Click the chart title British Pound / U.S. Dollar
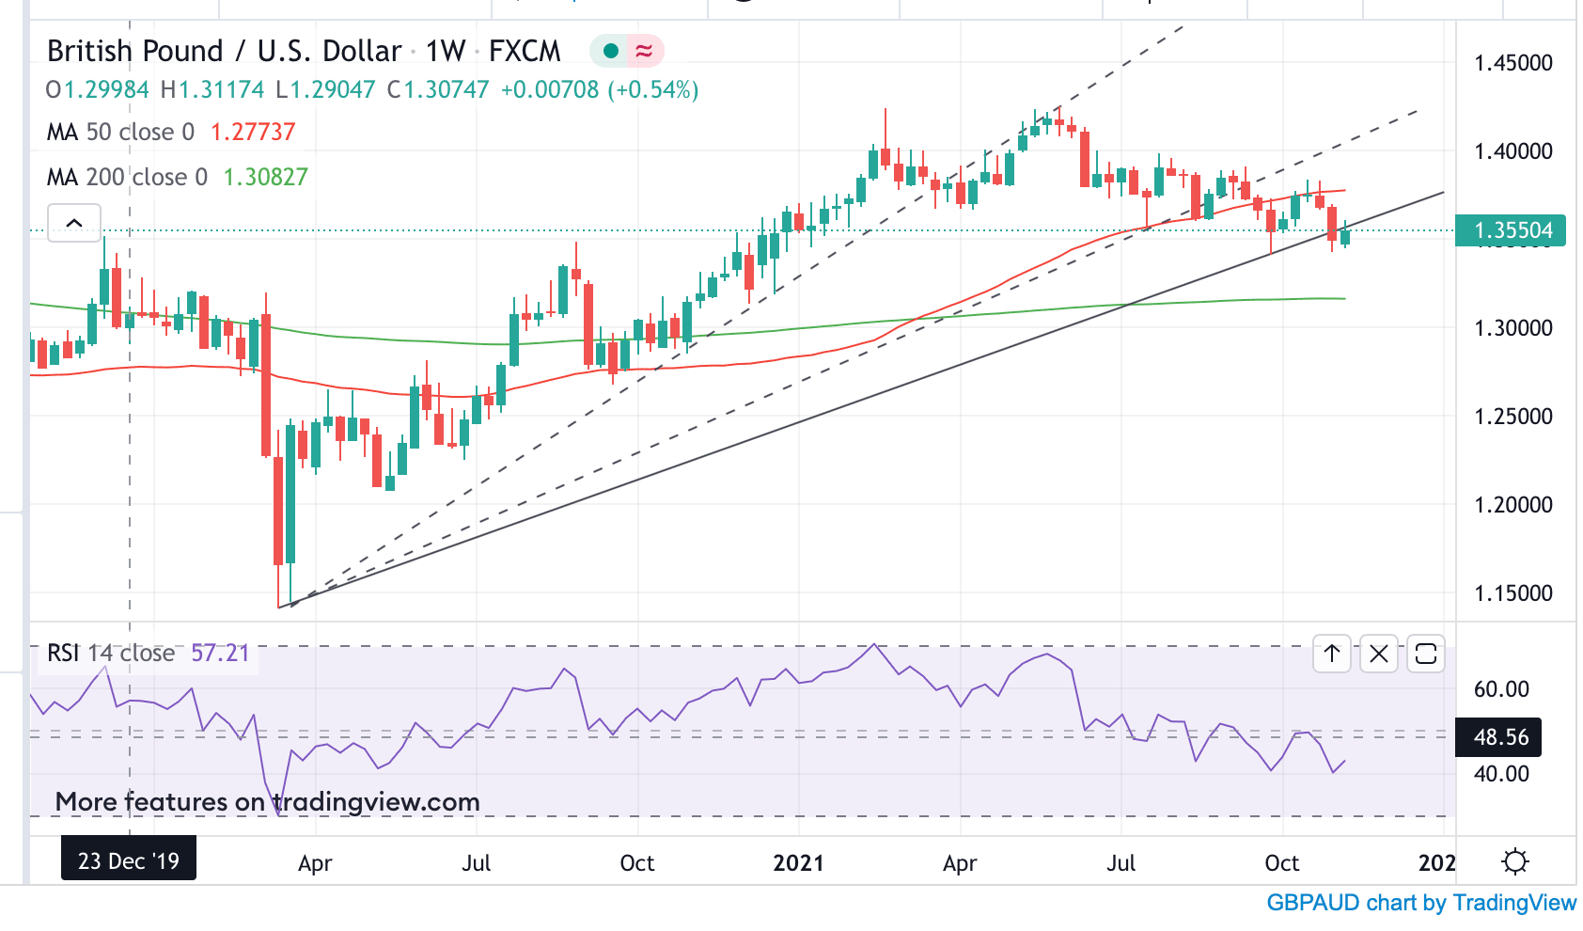[x=225, y=51]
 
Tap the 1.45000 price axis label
[x=1512, y=63]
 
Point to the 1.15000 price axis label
[x=1512, y=593]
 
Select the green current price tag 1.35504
[x=1510, y=230]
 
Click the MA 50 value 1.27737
[x=253, y=132]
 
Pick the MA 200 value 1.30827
[x=265, y=177]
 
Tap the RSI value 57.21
[x=220, y=653]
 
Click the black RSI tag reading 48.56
[x=1500, y=737]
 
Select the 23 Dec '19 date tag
[x=129, y=861]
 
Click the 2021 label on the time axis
[x=798, y=863]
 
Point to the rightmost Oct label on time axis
[x=1281, y=863]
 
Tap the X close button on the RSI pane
[x=1379, y=654]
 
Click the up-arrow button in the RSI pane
[x=1332, y=654]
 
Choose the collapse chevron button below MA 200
[x=74, y=223]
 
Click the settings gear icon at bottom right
[x=1514, y=861]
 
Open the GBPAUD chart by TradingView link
[x=1420, y=903]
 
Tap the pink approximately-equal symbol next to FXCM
[x=644, y=51]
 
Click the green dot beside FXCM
[x=611, y=51]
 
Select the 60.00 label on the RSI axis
[x=1501, y=689]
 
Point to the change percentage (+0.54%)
[x=652, y=90]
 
